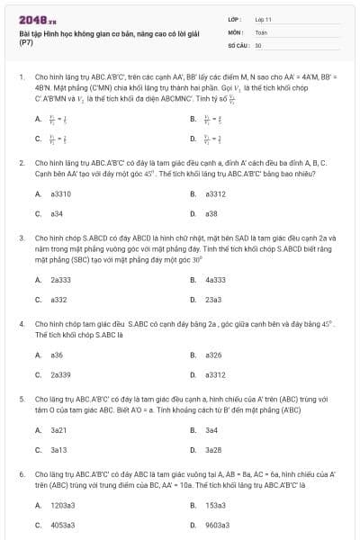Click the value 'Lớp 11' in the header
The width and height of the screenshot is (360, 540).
coord(263,18)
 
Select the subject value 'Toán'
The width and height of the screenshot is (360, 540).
coord(261,31)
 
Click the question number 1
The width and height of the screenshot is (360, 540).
coord(21,78)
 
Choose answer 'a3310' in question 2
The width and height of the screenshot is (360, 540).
coord(60,193)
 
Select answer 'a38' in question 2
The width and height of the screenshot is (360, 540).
coord(211,213)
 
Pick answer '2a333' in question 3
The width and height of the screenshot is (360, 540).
coord(61,279)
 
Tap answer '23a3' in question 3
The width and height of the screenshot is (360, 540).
coord(213,299)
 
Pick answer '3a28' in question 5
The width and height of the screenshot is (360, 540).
coord(213,449)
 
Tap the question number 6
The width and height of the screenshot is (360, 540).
coord(21,472)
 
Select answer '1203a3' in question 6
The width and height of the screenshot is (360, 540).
coord(63,505)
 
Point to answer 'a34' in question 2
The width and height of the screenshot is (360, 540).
coord(57,213)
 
